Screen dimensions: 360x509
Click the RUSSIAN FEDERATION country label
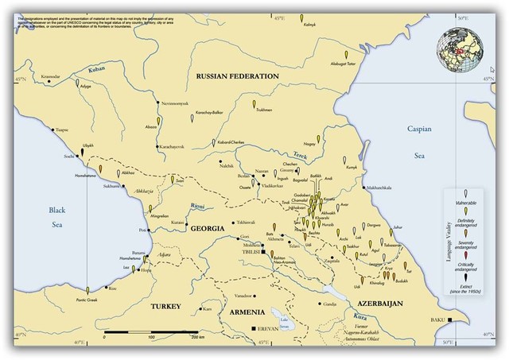tap(236, 75)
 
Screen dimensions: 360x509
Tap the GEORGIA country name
tap(208, 228)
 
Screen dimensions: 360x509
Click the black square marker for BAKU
tap(451, 319)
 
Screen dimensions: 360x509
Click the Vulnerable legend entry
tap(465, 203)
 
